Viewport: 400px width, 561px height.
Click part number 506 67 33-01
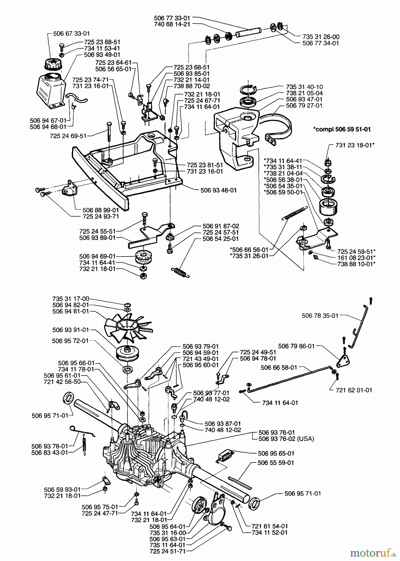72,33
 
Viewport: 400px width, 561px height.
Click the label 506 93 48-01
219,190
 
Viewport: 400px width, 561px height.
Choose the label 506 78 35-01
320,316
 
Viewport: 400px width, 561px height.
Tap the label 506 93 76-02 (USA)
286,439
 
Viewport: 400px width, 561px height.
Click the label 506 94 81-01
71,311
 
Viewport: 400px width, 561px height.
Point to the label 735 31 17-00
71,298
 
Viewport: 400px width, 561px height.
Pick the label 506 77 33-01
172,18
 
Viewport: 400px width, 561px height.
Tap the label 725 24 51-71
167,551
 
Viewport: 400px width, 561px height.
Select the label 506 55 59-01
276,463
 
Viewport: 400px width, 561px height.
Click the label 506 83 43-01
50,453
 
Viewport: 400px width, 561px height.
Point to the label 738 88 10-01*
356,264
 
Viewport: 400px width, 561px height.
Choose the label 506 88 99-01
101,210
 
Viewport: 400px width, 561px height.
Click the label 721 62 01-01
354,390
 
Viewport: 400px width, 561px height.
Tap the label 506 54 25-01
221,239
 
